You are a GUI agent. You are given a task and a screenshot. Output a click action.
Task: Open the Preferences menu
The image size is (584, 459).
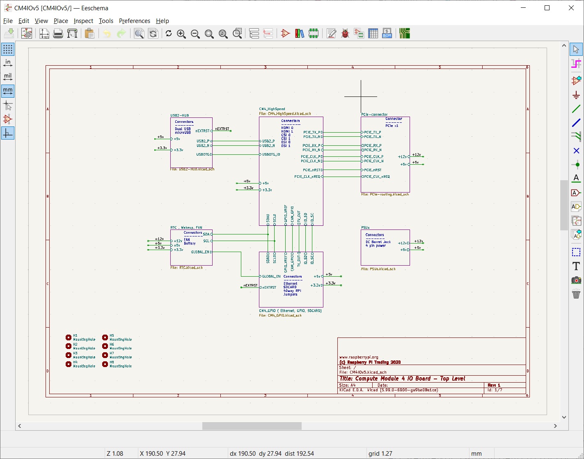point(134,21)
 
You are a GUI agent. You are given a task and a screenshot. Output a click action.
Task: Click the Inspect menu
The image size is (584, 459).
point(83,21)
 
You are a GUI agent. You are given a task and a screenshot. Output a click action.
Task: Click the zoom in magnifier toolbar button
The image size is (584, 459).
point(181,34)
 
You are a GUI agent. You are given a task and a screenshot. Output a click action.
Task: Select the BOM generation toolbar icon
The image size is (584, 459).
point(387,34)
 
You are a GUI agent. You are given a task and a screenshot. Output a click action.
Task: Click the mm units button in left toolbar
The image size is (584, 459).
point(8,90)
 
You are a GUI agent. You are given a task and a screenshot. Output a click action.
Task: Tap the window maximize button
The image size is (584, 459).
point(547,8)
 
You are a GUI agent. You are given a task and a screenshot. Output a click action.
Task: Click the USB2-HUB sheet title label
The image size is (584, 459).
point(180,115)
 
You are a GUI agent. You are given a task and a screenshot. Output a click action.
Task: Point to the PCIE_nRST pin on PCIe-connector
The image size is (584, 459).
point(373,170)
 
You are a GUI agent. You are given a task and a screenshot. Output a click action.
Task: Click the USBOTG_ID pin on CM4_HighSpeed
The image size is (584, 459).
point(271,155)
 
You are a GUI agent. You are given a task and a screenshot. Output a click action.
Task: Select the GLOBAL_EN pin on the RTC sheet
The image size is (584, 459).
point(200,252)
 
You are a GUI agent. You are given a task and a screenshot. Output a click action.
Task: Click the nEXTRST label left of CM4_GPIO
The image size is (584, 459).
point(250,285)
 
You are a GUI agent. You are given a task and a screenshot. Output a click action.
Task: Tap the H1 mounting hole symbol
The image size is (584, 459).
point(69,337)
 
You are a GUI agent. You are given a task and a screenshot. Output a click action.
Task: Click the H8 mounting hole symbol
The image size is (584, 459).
point(105,364)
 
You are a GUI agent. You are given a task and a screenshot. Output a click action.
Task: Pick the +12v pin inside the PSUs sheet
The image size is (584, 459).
point(403,243)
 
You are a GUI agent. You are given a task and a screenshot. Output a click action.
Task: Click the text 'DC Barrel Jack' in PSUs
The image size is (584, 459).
point(378,242)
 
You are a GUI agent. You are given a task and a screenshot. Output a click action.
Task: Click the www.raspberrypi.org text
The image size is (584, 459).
point(359,357)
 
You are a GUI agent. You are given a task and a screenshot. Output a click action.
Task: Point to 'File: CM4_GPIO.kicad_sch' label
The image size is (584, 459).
point(280,315)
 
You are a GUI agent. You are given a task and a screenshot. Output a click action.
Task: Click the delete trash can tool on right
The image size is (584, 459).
point(576,294)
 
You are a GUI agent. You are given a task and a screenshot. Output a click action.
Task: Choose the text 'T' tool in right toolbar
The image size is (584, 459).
point(576,266)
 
